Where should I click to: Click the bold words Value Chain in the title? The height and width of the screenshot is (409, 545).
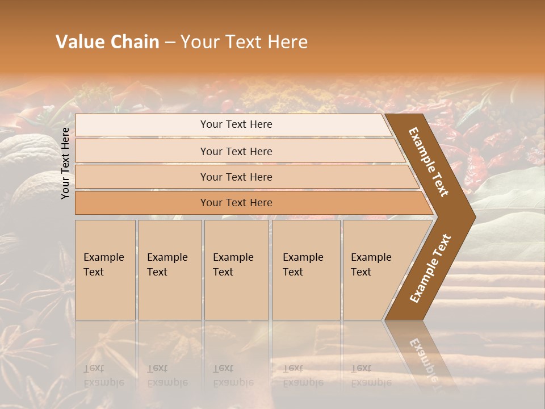[x=107, y=42]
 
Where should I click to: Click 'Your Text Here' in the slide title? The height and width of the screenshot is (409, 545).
[x=244, y=42]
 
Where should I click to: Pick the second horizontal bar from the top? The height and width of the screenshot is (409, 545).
[x=236, y=151]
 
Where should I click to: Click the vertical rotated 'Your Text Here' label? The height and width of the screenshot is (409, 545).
[x=65, y=163]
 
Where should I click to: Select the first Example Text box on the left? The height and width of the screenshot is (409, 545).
[x=105, y=270]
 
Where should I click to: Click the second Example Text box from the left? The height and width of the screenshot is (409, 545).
[x=170, y=270]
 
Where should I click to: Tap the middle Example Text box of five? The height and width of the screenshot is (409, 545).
[x=236, y=270]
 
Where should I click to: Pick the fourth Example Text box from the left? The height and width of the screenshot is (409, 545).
[x=306, y=270]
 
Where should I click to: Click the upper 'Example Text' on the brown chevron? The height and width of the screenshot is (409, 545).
[x=429, y=162]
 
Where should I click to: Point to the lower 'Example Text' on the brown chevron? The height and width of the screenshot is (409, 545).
[x=430, y=268]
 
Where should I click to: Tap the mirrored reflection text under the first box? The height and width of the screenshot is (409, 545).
[x=103, y=375]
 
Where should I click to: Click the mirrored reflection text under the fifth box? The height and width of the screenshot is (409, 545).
[x=371, y=375]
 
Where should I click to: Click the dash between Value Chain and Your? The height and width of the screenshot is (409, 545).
[x=169, y=43]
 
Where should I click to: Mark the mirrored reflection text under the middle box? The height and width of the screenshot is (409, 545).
[x=233, y=375]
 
